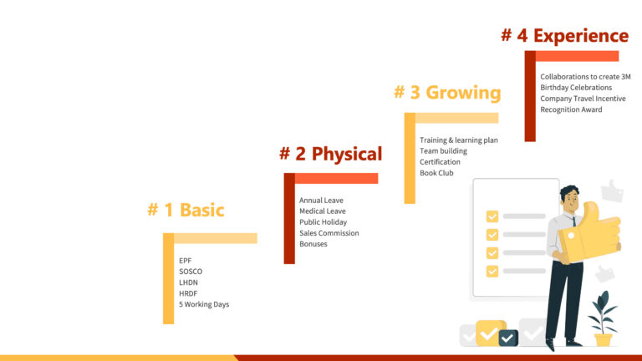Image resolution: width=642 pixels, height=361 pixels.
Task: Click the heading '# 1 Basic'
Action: click(x=186, y=210)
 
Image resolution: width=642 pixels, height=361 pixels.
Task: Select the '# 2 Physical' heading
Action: click(x=331, y=154)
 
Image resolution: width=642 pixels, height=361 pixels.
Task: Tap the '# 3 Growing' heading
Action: click(x=447, y=93)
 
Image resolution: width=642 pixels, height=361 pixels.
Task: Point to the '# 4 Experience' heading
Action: click(x=565, y=36)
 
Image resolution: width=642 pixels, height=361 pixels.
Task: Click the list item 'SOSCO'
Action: click(x=191, y=272)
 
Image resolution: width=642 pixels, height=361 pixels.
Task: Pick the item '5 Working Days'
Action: click(x=204, y=304)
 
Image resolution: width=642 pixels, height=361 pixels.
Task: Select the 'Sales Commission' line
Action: click(x=329, y=233)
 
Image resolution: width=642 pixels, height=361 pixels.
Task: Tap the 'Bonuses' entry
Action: click(x=313, y=244)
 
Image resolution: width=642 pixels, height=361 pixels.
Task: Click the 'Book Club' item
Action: click(x=436, y=173)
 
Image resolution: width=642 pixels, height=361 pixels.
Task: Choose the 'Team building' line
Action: click(x=443, y=151)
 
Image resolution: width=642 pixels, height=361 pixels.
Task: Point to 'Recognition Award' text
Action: click(x=571, y=109)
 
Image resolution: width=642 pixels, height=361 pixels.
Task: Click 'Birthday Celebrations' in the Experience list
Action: click(x=576, y=88)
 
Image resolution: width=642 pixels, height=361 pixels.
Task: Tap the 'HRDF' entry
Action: click(x=188, y=293)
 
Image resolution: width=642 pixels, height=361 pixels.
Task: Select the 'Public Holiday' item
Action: click(x=323, y=222)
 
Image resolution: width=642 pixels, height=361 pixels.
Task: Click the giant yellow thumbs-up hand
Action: click(x=589, y=232)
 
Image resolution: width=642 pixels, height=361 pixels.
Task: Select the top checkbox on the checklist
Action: click(x=492, y=216)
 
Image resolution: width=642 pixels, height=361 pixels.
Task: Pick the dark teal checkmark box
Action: click(x=508, y=338)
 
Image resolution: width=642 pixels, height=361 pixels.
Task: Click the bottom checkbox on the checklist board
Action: click(x=492, y=272)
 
